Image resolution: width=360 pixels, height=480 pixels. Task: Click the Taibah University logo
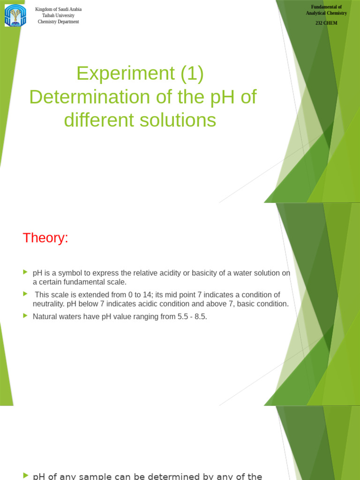(15, 15)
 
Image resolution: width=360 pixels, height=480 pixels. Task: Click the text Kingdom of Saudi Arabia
(59, 9)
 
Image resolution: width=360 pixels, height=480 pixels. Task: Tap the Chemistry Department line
(59, 22)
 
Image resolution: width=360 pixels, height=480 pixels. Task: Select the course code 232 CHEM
(326, 23)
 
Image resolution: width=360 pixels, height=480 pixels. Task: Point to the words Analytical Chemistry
(326, 13)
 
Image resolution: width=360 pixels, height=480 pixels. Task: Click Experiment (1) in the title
(140, 74)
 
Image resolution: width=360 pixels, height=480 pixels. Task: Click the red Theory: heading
(45, 238)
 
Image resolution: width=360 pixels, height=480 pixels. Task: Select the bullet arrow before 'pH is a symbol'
(25, 272)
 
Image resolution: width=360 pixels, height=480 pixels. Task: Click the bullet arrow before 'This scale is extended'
(25, 293)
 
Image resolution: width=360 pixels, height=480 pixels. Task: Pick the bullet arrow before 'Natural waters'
(25, 315)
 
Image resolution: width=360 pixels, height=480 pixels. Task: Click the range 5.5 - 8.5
(192, 317)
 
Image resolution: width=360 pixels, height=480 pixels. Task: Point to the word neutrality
(49, 304)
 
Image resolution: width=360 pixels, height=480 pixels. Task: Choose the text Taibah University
(59, 15)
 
